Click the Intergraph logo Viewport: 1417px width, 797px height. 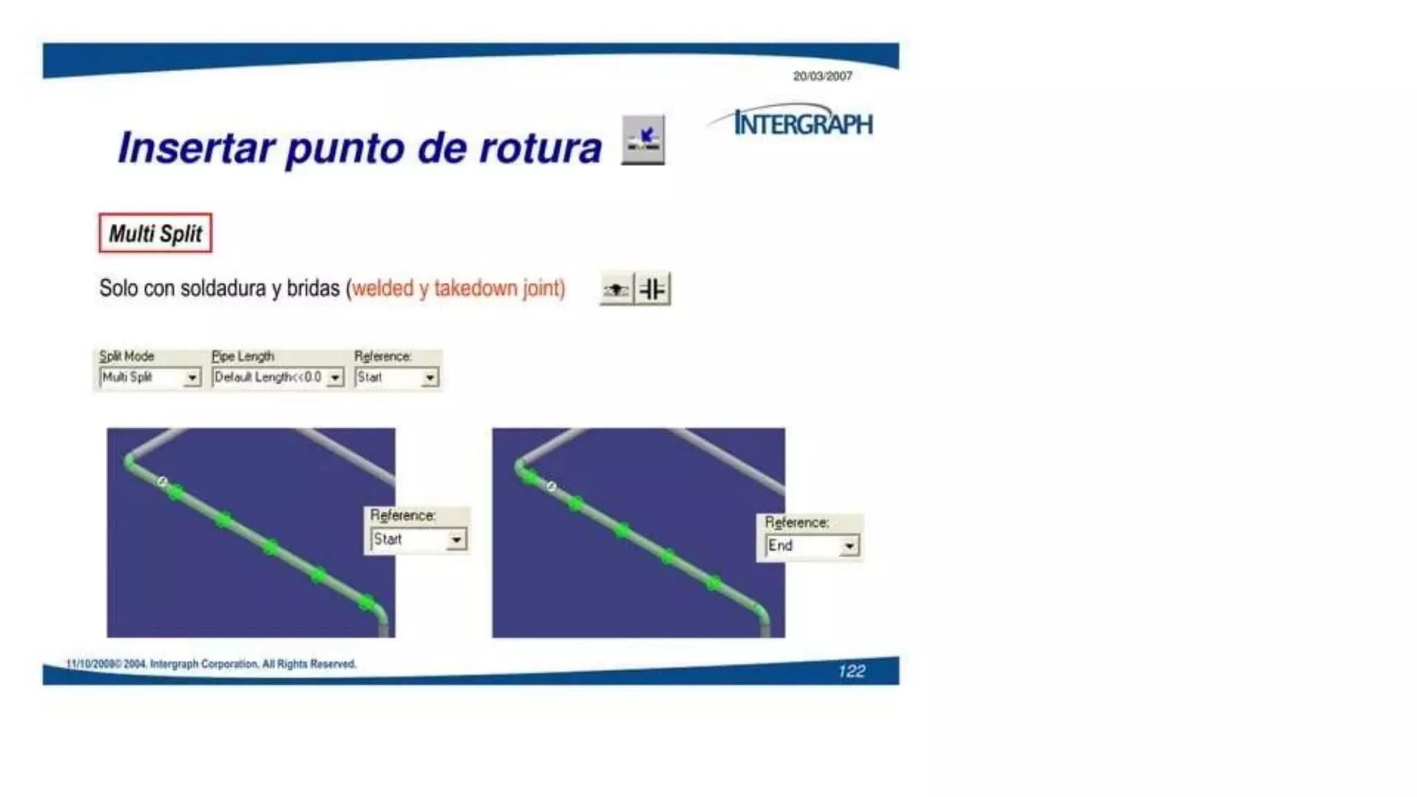tap(803, 123)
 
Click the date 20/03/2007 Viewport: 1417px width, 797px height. tap(822, 76)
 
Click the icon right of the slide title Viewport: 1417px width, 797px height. tap(643, 140)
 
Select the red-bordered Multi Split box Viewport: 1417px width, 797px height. tap(155, 233)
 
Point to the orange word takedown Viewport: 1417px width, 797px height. tap(475, 288)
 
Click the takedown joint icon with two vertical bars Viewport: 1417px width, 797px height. tap(652, 288)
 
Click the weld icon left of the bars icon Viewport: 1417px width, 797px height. tap(616, 288)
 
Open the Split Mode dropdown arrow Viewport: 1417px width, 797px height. tap(192, 377)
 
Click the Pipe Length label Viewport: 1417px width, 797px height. tap(243, 356)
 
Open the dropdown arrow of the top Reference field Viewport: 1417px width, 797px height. tap(430, 377)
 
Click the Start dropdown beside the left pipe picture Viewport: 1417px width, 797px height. tap(418, 539)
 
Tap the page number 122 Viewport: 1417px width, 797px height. tap(851, 671)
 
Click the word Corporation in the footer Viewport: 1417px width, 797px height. tap(229, 664)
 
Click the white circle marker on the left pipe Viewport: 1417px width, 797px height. tap(162, 482)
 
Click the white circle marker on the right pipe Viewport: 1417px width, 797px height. tap(551, 486)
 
